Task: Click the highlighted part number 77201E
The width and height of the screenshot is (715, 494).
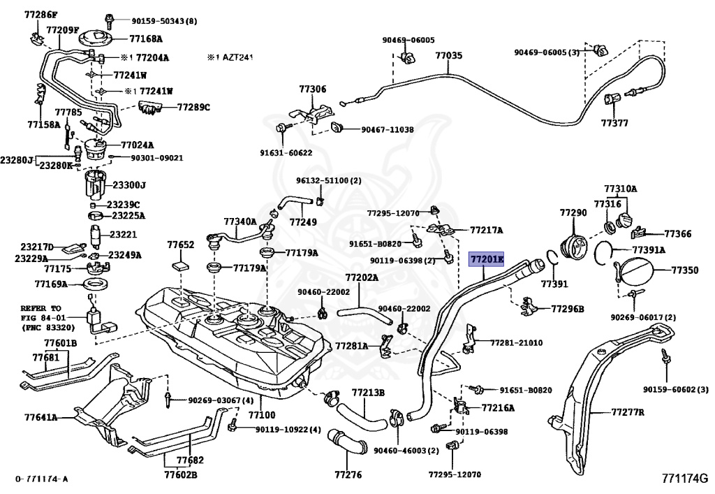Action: click(x=487, y=260)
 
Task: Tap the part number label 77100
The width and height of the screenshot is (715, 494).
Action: click(x=262, y=414)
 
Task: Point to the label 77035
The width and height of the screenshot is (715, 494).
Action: click(x=449, y=56)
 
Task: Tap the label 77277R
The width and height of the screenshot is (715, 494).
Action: click(x=628, y=412)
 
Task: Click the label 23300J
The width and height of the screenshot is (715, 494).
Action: click(x=129, y=184)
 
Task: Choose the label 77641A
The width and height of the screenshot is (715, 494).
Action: click(x=41, y=417)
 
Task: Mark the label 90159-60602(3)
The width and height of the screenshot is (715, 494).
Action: click(x=676, y=389)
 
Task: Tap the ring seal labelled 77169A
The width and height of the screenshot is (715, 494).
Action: click(x=96, y=285)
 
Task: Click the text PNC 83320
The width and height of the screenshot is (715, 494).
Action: click(x=48, y=327)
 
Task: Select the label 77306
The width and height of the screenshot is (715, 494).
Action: click(x=313, y=89)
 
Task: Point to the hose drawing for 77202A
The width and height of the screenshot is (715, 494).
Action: click(x=365, y=315)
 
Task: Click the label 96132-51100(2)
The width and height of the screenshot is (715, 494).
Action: click(x=328, y=181)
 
